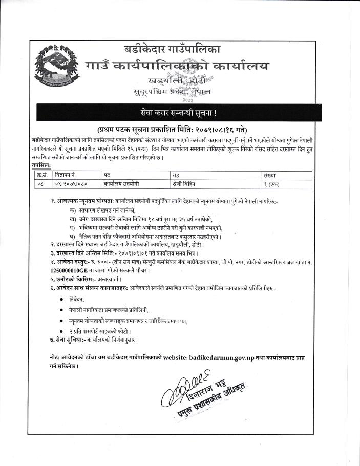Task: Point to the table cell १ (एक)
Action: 271,183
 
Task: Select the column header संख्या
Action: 270,175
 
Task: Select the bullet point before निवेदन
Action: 61,298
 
